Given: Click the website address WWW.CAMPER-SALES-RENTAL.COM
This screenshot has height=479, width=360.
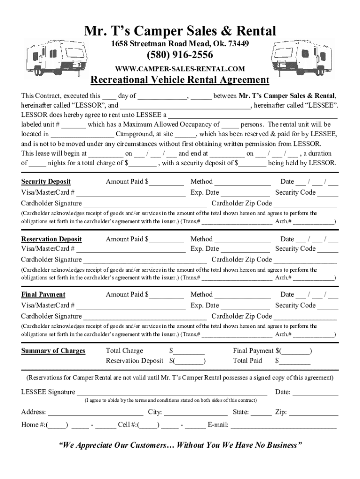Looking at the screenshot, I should tap(180, 69).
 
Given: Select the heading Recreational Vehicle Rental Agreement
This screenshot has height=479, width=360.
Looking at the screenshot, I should tap(180, 80).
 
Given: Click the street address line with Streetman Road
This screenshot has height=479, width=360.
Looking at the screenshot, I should tap(180, 44).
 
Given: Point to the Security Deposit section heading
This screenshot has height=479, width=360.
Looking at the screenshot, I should tap(46, 181).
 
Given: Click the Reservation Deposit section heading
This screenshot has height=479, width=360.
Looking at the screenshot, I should tap(51, 239).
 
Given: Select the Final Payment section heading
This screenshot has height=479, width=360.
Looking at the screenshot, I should tap(43, 295).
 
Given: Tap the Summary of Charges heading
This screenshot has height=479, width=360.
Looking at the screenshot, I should tap(53, 351).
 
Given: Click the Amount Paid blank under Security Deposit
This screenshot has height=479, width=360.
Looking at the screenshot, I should tap(166, 182).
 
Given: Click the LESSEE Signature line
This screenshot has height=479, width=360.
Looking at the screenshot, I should tap(172, 393).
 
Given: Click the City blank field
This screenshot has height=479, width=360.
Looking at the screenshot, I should tap(196, 413).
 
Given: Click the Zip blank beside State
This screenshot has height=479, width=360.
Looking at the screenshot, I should tap(314, 413).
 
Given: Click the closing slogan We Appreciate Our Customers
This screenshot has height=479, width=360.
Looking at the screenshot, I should tap(180, 445).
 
